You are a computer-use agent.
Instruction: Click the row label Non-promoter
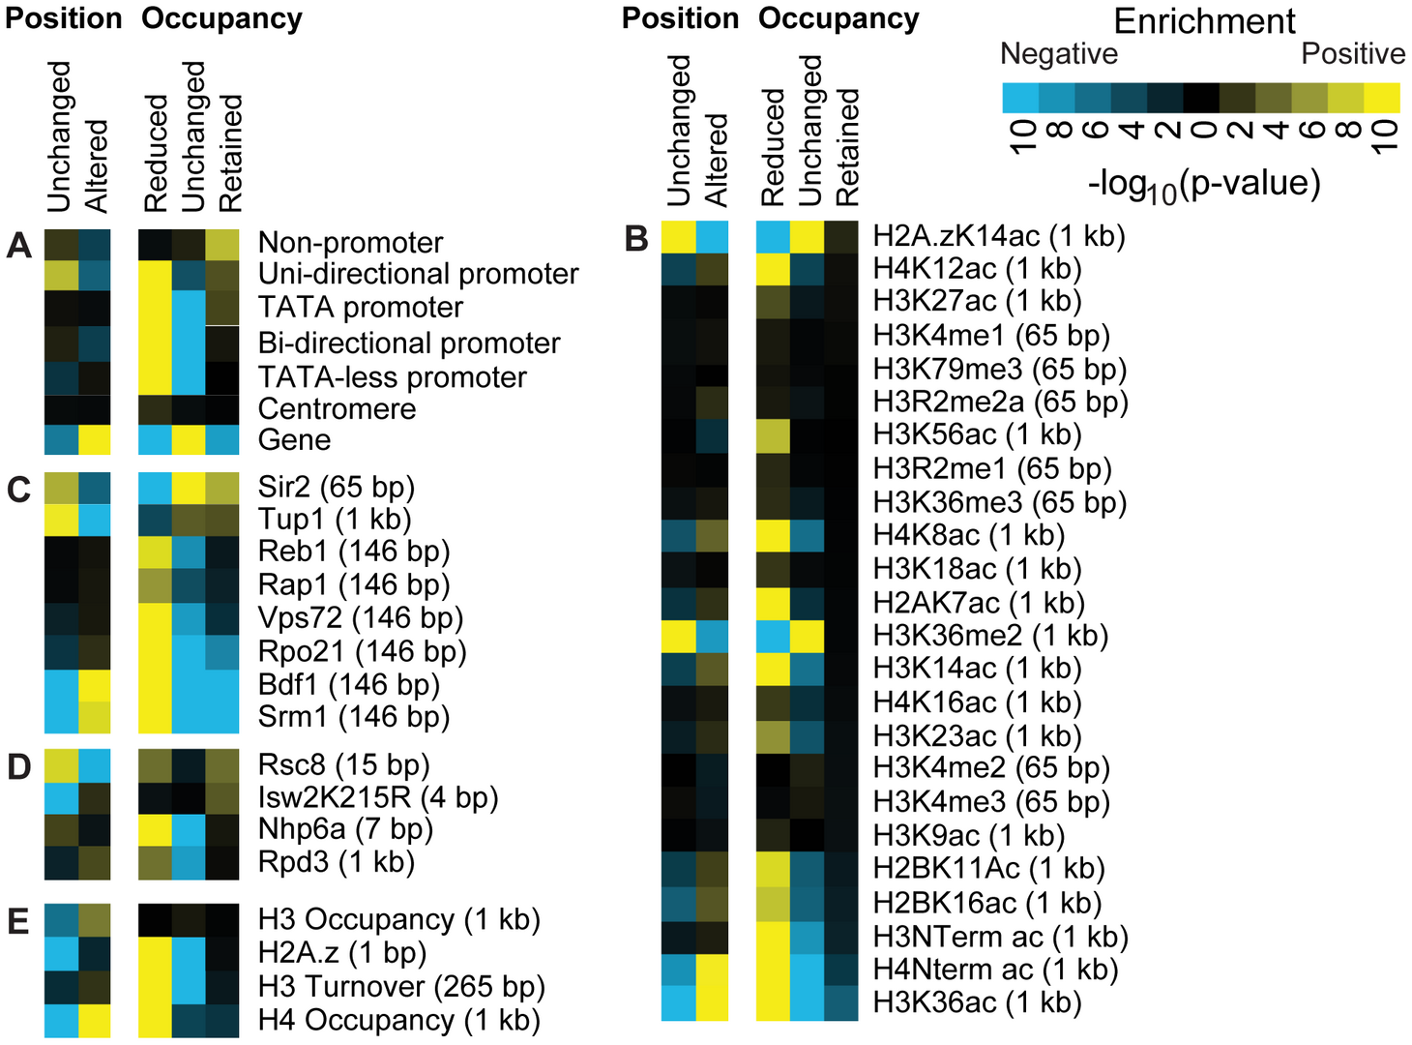click(350, 243)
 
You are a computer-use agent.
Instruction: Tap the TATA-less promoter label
click(392, 377)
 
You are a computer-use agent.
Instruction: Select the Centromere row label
click(337, 408)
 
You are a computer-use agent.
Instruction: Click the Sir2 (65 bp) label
click(337, 488)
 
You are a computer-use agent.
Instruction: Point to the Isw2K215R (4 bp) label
click(378, 797)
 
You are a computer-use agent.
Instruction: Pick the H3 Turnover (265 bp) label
click(401, 986)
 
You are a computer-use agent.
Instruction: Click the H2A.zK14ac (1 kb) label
click(999, 236)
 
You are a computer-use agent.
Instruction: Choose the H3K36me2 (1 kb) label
click(990, 636)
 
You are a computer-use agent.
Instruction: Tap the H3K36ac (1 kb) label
click(977, 1002)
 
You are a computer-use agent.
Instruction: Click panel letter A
click(19, 246)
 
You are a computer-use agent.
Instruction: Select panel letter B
click(636, 239)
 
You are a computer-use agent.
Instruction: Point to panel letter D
click(19, 766)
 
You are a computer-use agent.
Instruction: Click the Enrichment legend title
click(1204, 21)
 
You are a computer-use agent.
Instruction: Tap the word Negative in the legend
click(1059, 53)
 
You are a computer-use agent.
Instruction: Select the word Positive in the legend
click(1353, 53)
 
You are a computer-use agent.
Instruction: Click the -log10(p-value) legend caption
click(1204, 186)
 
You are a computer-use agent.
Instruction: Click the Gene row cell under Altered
click(94, 439)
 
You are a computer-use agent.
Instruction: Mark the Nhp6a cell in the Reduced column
click(155, 830)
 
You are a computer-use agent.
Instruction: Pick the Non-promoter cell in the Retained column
click(222, 245)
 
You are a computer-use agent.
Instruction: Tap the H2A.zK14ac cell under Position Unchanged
click(678, 238)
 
